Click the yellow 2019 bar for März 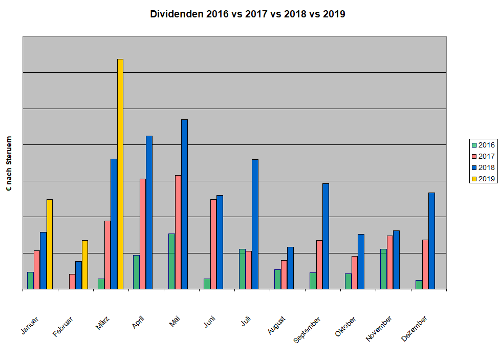coord(120,174)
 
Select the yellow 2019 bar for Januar coord(50,244)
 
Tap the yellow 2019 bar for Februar coord(85,265)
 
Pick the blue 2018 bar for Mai coord(184,204)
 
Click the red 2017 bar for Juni coord(213,244)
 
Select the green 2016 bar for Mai coord(171,261)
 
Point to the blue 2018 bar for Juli coord(255,224)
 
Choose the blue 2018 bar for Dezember coord(431,241)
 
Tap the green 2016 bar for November coord(383,269)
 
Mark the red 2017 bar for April coord(143,234)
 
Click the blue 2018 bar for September coord(325,236)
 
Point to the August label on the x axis coord(277,326)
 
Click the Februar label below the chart coord(63,327)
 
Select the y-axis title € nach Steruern coord(9,164)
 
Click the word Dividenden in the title coord(177,14)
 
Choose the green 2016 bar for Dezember coord(419,285)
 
